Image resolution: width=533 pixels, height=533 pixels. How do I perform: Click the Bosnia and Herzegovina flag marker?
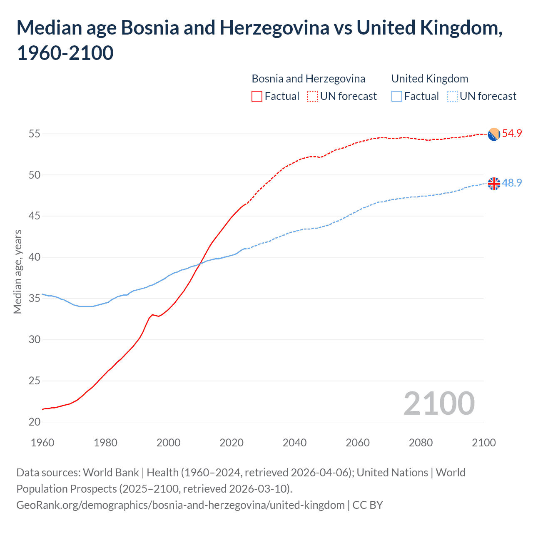click(493, 134)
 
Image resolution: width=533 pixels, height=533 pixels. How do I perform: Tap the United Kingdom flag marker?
click(493, 183)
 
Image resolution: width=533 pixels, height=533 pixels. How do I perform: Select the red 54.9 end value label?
click(512, 133)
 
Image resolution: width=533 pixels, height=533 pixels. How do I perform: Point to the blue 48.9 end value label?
click(512, 183)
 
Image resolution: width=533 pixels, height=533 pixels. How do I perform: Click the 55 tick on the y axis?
click(35, 134)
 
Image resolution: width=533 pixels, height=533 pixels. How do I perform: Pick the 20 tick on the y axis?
click(35, 422)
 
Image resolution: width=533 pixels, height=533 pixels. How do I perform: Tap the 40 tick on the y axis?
click(35, 257)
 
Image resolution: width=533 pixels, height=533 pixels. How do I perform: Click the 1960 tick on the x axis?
click(42, 442)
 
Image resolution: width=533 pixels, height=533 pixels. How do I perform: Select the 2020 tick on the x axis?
click(232, 442)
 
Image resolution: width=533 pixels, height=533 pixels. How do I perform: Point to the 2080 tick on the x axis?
click(421, 442)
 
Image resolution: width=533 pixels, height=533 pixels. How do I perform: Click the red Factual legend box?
click(257, 96)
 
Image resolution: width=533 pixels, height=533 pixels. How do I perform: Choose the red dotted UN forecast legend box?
click(312, 96)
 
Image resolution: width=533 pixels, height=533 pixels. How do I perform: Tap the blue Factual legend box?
click(396, 96)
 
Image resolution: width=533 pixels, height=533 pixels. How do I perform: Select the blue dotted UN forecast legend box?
click(452, 96)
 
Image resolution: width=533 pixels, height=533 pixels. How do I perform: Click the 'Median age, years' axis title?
click(17, 271)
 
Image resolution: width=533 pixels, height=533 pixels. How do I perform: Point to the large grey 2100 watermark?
click(439, 403)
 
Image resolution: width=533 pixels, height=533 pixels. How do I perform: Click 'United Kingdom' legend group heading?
click(430, 79)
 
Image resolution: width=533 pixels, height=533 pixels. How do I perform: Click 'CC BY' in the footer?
click(368, 505)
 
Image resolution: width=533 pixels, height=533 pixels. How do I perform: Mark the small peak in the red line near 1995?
click(152, 314)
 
